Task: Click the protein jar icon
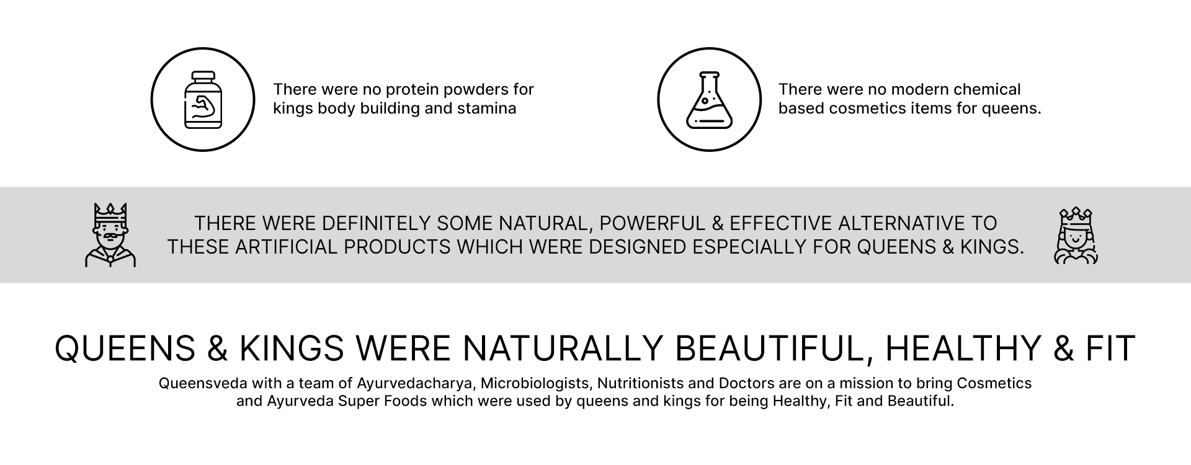click(203, 100)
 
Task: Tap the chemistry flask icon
click(709, 100)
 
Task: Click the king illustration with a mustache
click(110, 235)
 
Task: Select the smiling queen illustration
click(1076, 236)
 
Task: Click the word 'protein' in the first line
click(408, 89)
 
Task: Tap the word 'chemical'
click(986, 89)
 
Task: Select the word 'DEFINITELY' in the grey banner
click(377, 223)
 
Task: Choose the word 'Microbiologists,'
click(536, 384)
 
